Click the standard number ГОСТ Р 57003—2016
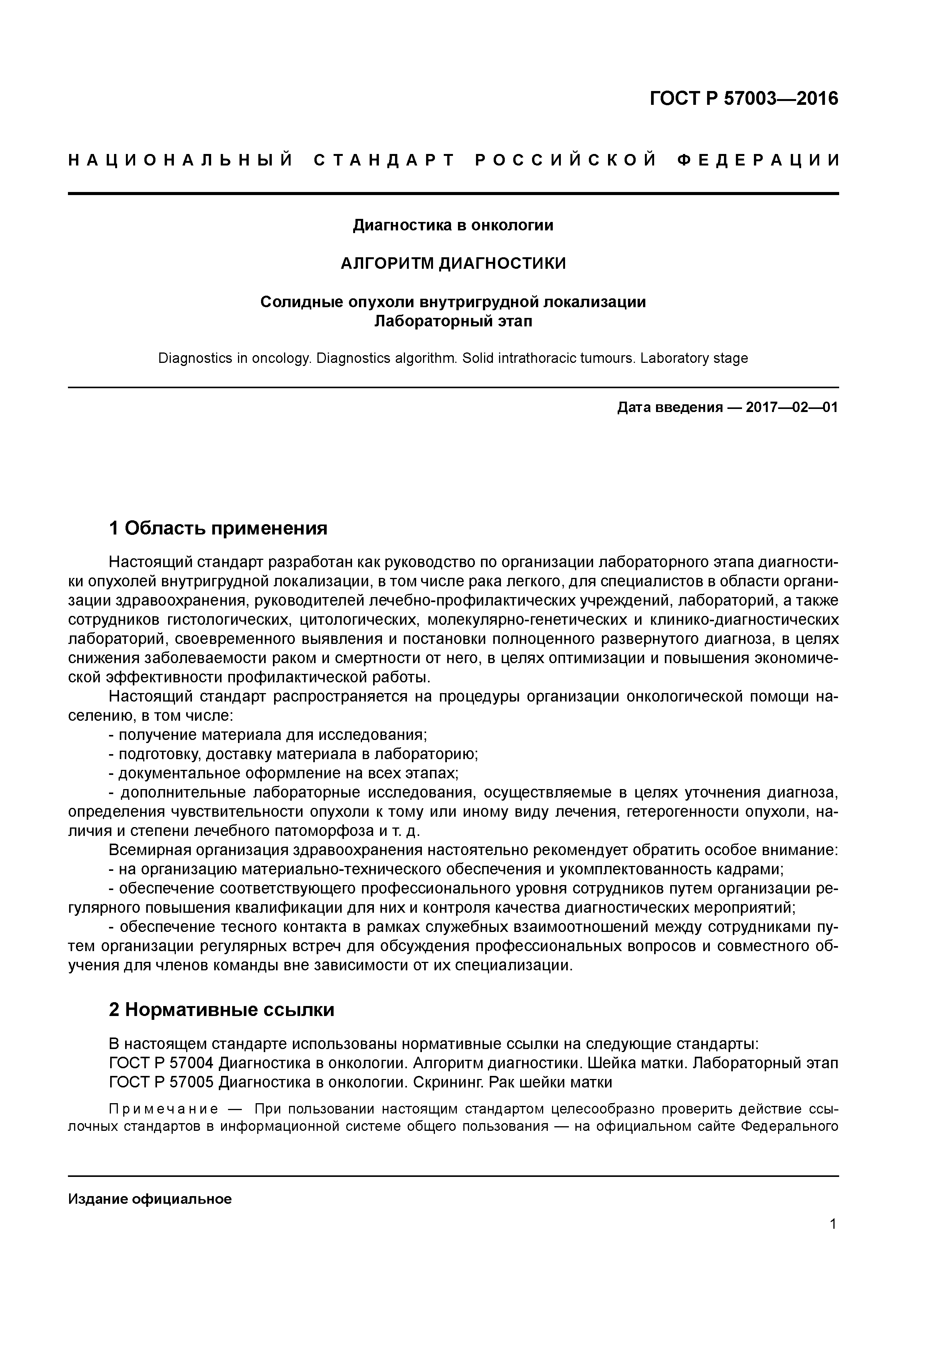(744, 99)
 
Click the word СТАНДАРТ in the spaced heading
(384, 160)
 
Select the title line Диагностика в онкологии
(453, 225)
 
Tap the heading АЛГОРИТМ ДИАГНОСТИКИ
(453, 264)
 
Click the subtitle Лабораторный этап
(453, 321)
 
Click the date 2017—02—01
(792, 407)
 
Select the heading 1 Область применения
(218, 529)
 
